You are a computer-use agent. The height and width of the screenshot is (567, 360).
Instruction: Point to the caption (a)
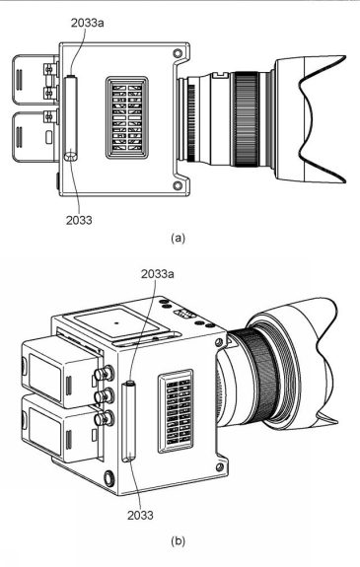178,238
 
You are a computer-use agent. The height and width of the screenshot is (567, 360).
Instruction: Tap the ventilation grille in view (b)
181,405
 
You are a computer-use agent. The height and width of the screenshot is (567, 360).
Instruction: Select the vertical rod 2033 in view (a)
69,115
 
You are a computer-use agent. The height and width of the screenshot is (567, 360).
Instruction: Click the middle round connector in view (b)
102,397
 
